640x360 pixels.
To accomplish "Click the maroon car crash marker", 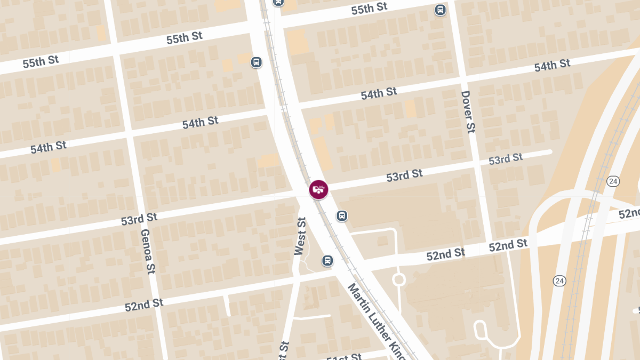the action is (318, 189).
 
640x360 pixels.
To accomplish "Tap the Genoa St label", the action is (148, 251).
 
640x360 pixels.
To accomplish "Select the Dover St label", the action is (468, 112).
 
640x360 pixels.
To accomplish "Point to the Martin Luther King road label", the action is (377, 320).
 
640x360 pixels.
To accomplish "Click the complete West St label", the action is (300, 236).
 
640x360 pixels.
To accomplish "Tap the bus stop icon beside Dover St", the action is (440, 10).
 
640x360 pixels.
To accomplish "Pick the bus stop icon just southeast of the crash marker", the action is (342, 215).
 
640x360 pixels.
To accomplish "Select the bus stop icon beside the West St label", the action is (327, 260).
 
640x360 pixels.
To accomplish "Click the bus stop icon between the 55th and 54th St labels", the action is (257, 62).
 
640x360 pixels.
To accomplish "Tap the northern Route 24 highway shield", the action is (613, 181).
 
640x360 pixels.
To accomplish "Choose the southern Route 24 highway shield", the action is (559, 281).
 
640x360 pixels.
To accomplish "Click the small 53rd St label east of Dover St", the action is (506, 159).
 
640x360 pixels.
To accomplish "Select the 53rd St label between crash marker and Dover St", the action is (404, 175).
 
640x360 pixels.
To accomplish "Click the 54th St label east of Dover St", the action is (552, 66).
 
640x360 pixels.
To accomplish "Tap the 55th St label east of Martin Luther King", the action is (369, 9).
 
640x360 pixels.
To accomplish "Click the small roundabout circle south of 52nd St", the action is (398, 279).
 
